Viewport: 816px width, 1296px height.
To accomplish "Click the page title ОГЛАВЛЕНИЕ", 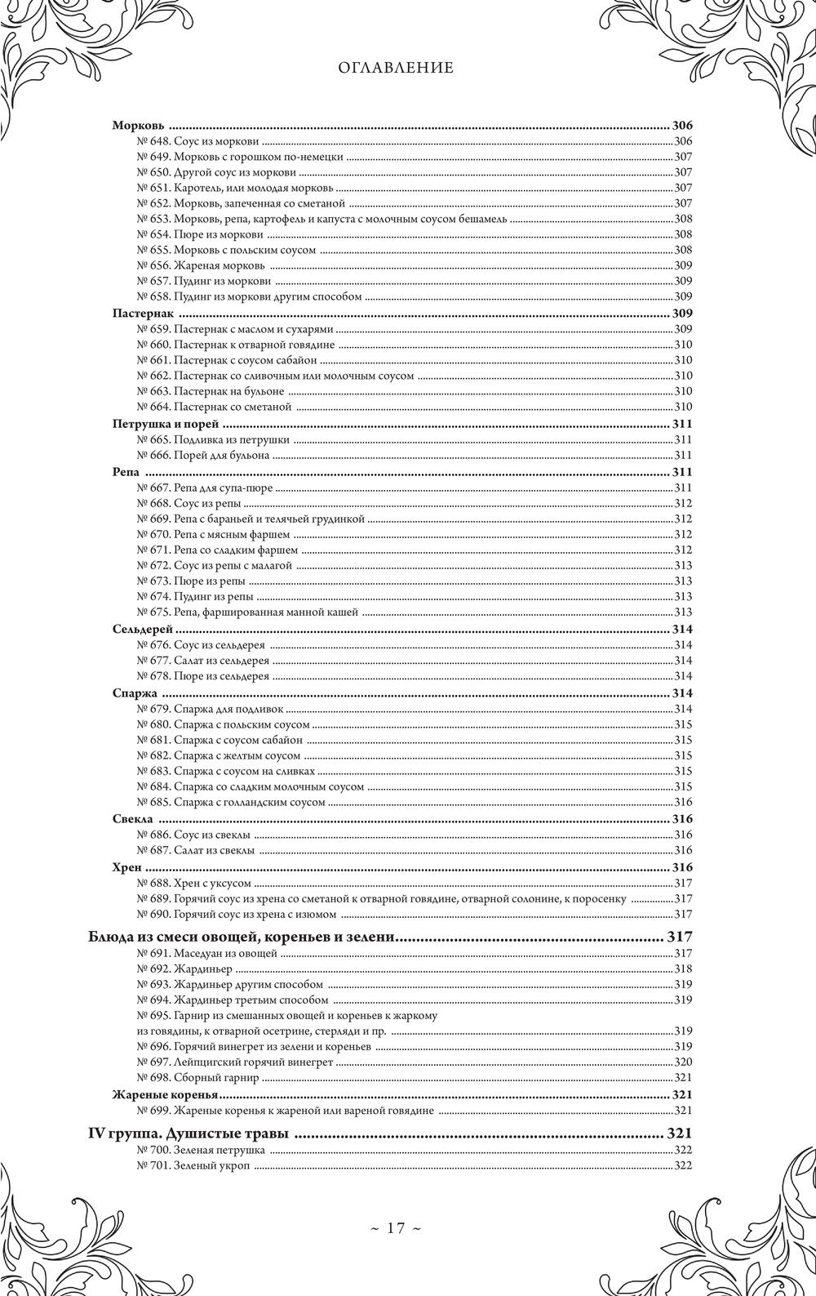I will (396, 68).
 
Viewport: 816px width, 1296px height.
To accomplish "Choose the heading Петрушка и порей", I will (166, 424).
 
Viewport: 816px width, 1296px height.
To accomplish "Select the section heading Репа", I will (126, 472).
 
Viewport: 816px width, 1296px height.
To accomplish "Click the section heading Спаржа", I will (135, 693).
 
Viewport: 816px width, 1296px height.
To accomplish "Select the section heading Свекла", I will (132, 819).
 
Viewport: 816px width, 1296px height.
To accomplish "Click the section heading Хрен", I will (126, 866).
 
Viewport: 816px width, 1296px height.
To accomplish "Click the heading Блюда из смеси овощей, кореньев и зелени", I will (242, 936).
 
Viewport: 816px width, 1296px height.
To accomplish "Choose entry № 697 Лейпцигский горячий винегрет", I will (235, 1062).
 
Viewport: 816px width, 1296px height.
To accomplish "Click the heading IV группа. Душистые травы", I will (190, 1133).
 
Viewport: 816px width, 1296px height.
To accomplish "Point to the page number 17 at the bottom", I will (396, 1227).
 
